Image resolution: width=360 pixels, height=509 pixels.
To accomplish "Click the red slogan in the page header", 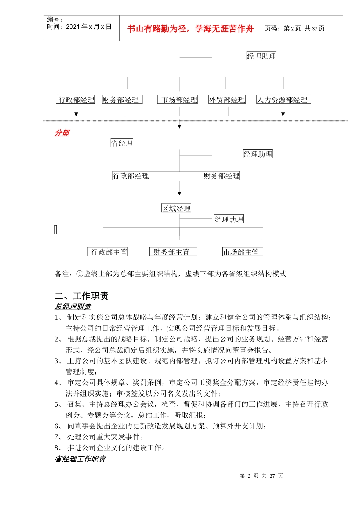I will pyautogui.click(x=190, y=28).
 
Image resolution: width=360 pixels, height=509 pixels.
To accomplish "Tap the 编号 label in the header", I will pyautogui.click(x=55, y=19).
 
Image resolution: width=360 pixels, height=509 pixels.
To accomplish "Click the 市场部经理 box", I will pyautogui.click(x=177, y=100).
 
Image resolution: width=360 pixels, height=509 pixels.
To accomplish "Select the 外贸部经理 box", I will pyautogui.click(x=227, y=100).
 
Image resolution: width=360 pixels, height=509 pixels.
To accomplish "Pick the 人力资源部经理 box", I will pyautogui.click(x=283, y=100).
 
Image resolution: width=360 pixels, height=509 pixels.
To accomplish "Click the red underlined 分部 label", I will pyautogui.click(x=62, y=133).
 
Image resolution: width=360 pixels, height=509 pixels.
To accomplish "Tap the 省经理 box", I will pyautogui.click(x=122, y=143).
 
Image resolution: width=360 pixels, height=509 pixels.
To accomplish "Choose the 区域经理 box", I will pyautogui.click(x=176, y=208).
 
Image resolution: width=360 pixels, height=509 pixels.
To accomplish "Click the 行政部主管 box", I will pyautogui.click(x=107, y=252).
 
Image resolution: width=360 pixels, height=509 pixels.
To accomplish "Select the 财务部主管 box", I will pyautogui.click(x=173, y=252).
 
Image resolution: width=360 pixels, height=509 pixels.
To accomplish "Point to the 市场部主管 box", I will pyautogui.click(x=243, y=252).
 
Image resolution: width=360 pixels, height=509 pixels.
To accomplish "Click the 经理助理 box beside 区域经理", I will pyautogui.click(x=229, y=219).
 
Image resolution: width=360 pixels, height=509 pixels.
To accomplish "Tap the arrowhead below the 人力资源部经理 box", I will pyautogui.click(x=283, y=114).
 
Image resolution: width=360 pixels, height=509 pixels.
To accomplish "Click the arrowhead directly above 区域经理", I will pyautogui.click(x=180, y=194).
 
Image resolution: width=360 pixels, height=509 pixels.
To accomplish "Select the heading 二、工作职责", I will pyautogui.click(x=81, y=296).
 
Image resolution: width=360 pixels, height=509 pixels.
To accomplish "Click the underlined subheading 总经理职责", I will pyautogui.click(x=73, y=307).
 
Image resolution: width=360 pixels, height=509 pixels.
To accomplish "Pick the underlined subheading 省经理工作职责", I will pyautogui.click(x=80, y=459).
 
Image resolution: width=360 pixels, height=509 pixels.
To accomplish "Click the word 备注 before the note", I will pyautogui.click(x=62, y=274).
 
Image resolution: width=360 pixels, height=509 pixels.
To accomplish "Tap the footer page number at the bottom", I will pyautogui.click(x=261, y=476).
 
